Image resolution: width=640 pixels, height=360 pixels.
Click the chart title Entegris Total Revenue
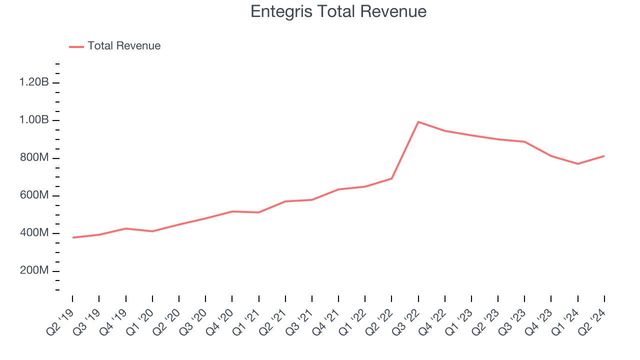(x=338, y=11)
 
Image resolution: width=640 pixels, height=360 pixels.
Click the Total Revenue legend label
(x=124, y=46)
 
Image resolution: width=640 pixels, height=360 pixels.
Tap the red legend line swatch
(x=76, y=46)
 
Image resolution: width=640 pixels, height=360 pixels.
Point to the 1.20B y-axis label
(x=34, y=82)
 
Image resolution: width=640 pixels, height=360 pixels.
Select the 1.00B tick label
(x=34, y=120)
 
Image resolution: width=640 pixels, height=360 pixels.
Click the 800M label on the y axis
(x=34, y=158)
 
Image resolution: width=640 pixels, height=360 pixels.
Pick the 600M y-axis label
(x=34, y=195)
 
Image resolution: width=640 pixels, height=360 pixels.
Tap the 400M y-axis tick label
(x=34, y=233)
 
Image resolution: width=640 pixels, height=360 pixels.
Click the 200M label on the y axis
(x=34, y=271)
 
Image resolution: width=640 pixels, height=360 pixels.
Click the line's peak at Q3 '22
(x=418, y=122)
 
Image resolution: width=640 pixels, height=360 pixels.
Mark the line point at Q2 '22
(x=391, y=178)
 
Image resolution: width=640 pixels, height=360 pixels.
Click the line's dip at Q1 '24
(x=577, y=164)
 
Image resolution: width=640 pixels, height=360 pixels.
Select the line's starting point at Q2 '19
(x=72, y=237)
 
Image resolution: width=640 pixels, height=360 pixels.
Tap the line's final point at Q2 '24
(x=604, y=156)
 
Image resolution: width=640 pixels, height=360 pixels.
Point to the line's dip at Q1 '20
(x=152, y=231)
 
